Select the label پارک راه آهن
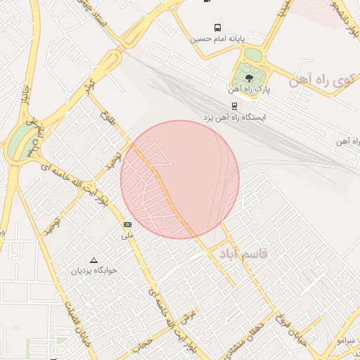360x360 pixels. point(249,90)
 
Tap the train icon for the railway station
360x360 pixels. point(234,105)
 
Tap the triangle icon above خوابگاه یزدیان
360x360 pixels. point(94,259)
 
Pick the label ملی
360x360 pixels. point(127,236)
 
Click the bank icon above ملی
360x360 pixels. point(127,224)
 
